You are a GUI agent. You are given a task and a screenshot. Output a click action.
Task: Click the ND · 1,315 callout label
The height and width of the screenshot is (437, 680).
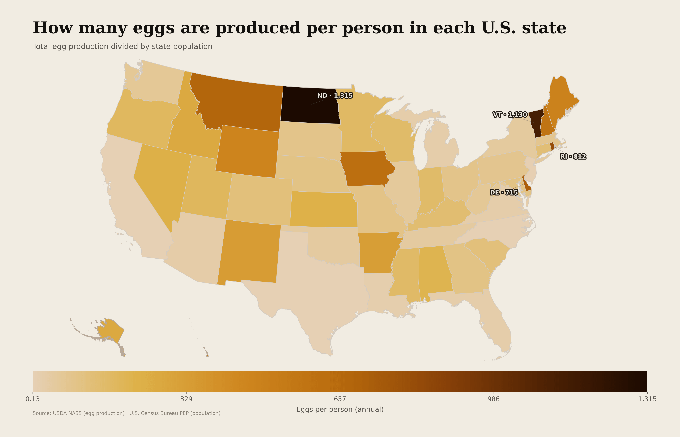335,96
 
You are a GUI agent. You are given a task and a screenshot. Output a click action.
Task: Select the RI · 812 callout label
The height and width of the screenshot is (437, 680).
573,157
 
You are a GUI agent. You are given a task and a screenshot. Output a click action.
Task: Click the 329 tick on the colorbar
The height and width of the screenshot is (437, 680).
186,399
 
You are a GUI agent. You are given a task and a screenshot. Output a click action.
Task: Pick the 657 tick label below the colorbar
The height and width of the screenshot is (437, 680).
340,399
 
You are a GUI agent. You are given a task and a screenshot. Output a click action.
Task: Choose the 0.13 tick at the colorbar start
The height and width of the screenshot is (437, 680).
33,399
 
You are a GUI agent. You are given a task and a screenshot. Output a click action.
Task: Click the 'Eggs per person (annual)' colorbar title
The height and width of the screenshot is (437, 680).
340,409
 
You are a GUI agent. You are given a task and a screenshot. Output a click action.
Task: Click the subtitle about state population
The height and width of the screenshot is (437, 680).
122,46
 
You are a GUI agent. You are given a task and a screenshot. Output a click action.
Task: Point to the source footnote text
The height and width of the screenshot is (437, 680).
126,413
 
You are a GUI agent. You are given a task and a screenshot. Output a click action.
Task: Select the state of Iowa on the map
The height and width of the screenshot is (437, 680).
366,169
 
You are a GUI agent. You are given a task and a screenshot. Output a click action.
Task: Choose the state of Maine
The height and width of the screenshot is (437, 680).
561,99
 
